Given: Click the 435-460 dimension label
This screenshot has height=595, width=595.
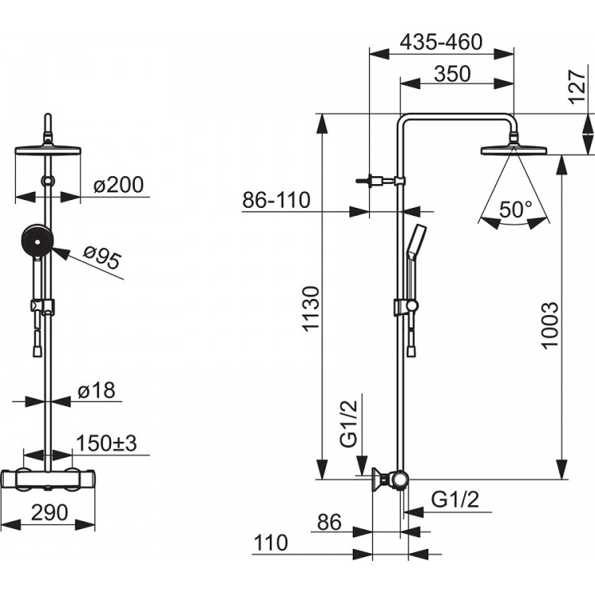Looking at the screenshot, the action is click(441, 42).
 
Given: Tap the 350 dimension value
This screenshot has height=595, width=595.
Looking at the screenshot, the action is click(452, 74).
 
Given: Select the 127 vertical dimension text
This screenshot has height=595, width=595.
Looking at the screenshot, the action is click(577, 86).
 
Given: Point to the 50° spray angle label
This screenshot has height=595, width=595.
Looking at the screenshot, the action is click(516, 209).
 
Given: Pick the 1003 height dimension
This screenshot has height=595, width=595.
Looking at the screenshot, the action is click(550, 324).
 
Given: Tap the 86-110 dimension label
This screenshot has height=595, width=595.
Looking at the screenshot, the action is click(276, 200).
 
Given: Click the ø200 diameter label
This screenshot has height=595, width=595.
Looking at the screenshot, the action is click(119, 185).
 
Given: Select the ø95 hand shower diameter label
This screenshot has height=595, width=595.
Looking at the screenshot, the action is click(102, 258).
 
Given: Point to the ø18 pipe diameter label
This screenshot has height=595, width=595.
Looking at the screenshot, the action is click(96, 390).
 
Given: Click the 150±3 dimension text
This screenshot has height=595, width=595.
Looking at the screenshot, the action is click(106, 443).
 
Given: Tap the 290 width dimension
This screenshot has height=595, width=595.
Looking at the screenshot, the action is click(49, 512).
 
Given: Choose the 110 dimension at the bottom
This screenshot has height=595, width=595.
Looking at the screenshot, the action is click(271, 543).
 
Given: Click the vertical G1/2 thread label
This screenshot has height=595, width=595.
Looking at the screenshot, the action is click(348, 424).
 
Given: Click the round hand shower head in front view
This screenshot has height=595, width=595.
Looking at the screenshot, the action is click(37, 241).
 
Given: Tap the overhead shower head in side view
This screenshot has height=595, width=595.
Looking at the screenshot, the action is click(514, 150).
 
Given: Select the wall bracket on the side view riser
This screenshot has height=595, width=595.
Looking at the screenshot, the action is click(381, 181).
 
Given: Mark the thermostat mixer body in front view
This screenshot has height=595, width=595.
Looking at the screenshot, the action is click(48, 480).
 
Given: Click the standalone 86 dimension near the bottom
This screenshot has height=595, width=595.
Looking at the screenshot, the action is click(329, 522).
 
